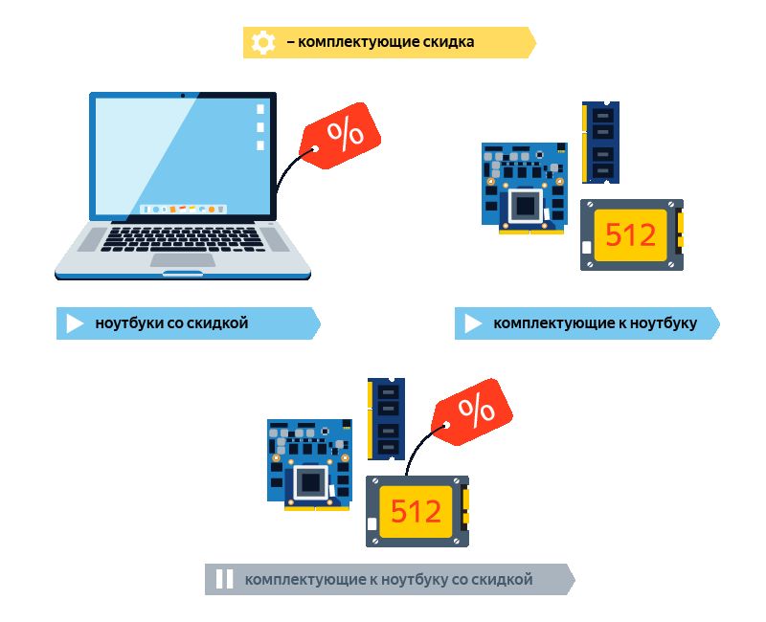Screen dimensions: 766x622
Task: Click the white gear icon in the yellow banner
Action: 263,42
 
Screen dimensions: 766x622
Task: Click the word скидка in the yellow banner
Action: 448,42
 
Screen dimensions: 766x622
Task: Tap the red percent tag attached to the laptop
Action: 341,135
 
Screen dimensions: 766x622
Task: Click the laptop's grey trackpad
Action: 183,259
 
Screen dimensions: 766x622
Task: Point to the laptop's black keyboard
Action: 183,239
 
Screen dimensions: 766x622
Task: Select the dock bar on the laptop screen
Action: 183,209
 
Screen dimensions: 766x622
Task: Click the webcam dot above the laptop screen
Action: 183,95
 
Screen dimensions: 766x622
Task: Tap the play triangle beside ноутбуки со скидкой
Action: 75,323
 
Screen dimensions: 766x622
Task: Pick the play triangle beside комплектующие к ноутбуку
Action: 473,323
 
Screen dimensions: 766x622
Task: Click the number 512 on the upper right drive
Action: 630,234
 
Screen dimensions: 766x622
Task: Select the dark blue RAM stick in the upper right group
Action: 601,143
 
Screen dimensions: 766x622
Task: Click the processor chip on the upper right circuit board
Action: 526,206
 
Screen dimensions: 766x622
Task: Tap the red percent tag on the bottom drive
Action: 472,411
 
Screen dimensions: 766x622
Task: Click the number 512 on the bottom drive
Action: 416,511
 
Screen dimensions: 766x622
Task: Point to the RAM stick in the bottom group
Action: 386,419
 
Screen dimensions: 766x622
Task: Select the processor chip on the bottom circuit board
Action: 310,482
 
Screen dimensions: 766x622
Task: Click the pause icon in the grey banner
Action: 224,579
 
